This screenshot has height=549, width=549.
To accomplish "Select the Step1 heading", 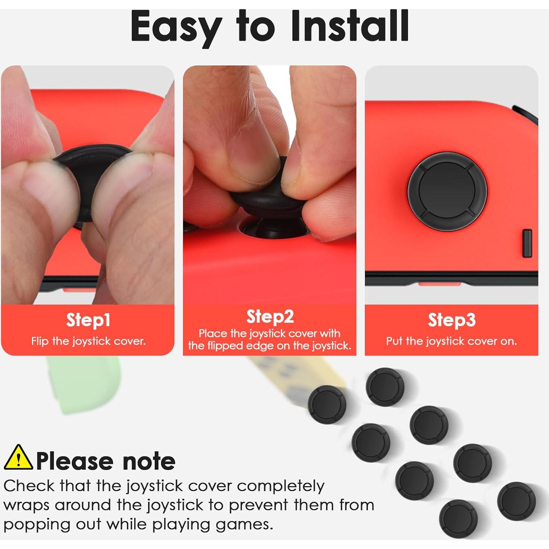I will [x=88, y=320].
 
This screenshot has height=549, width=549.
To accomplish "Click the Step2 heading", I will [x=270, y=317].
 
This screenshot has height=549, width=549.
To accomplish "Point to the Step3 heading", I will [x=451, y=320].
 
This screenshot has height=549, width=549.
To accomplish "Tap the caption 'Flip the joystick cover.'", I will [x=88, y=341].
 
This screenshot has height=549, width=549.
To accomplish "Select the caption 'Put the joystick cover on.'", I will [x=451, y=341].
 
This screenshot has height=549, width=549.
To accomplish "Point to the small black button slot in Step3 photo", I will [x=527, y=243].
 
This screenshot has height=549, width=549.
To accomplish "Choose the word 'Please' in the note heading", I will [x=74, y=461].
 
